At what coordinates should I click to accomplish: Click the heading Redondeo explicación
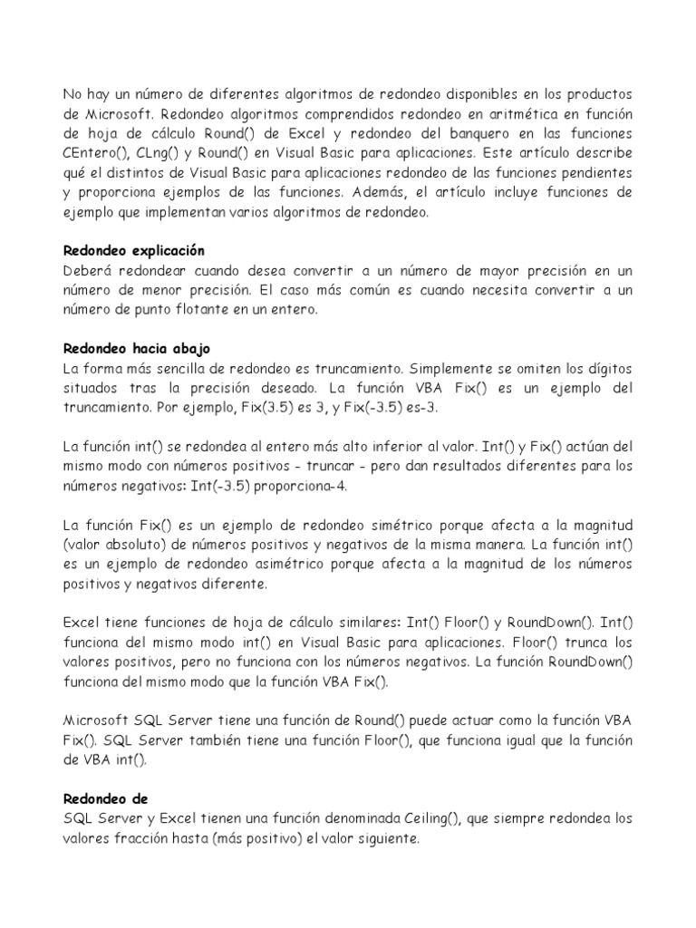pyautogui.click(x=134, y=250)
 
